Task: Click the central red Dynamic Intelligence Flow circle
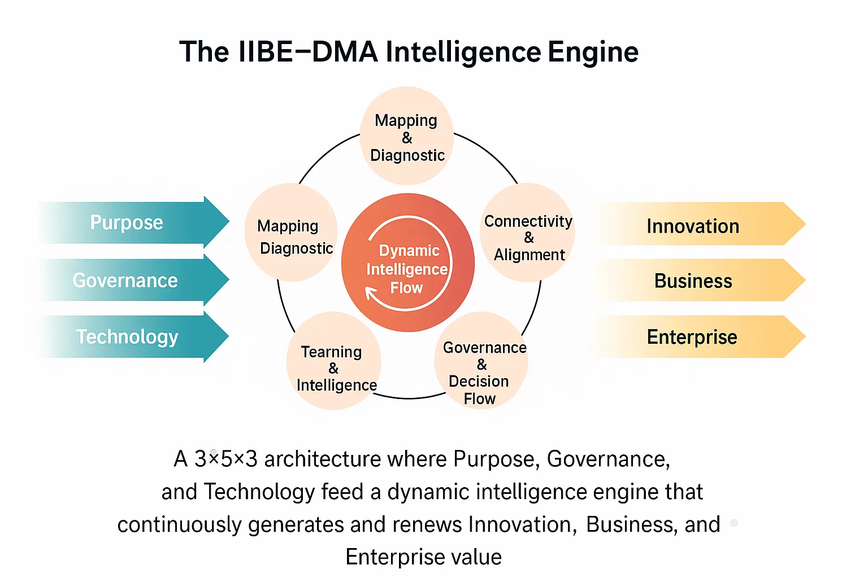click(x=407, y=262)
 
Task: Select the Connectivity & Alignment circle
click(x=528, y=233)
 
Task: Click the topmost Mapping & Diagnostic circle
click(x=407, y=135)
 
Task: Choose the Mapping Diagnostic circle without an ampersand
click(x=291, y=233)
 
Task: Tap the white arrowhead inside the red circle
click(x=371, y=293)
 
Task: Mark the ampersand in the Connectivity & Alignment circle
click(x=529, y=238)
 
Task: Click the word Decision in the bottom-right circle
click(x=479, y=382)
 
